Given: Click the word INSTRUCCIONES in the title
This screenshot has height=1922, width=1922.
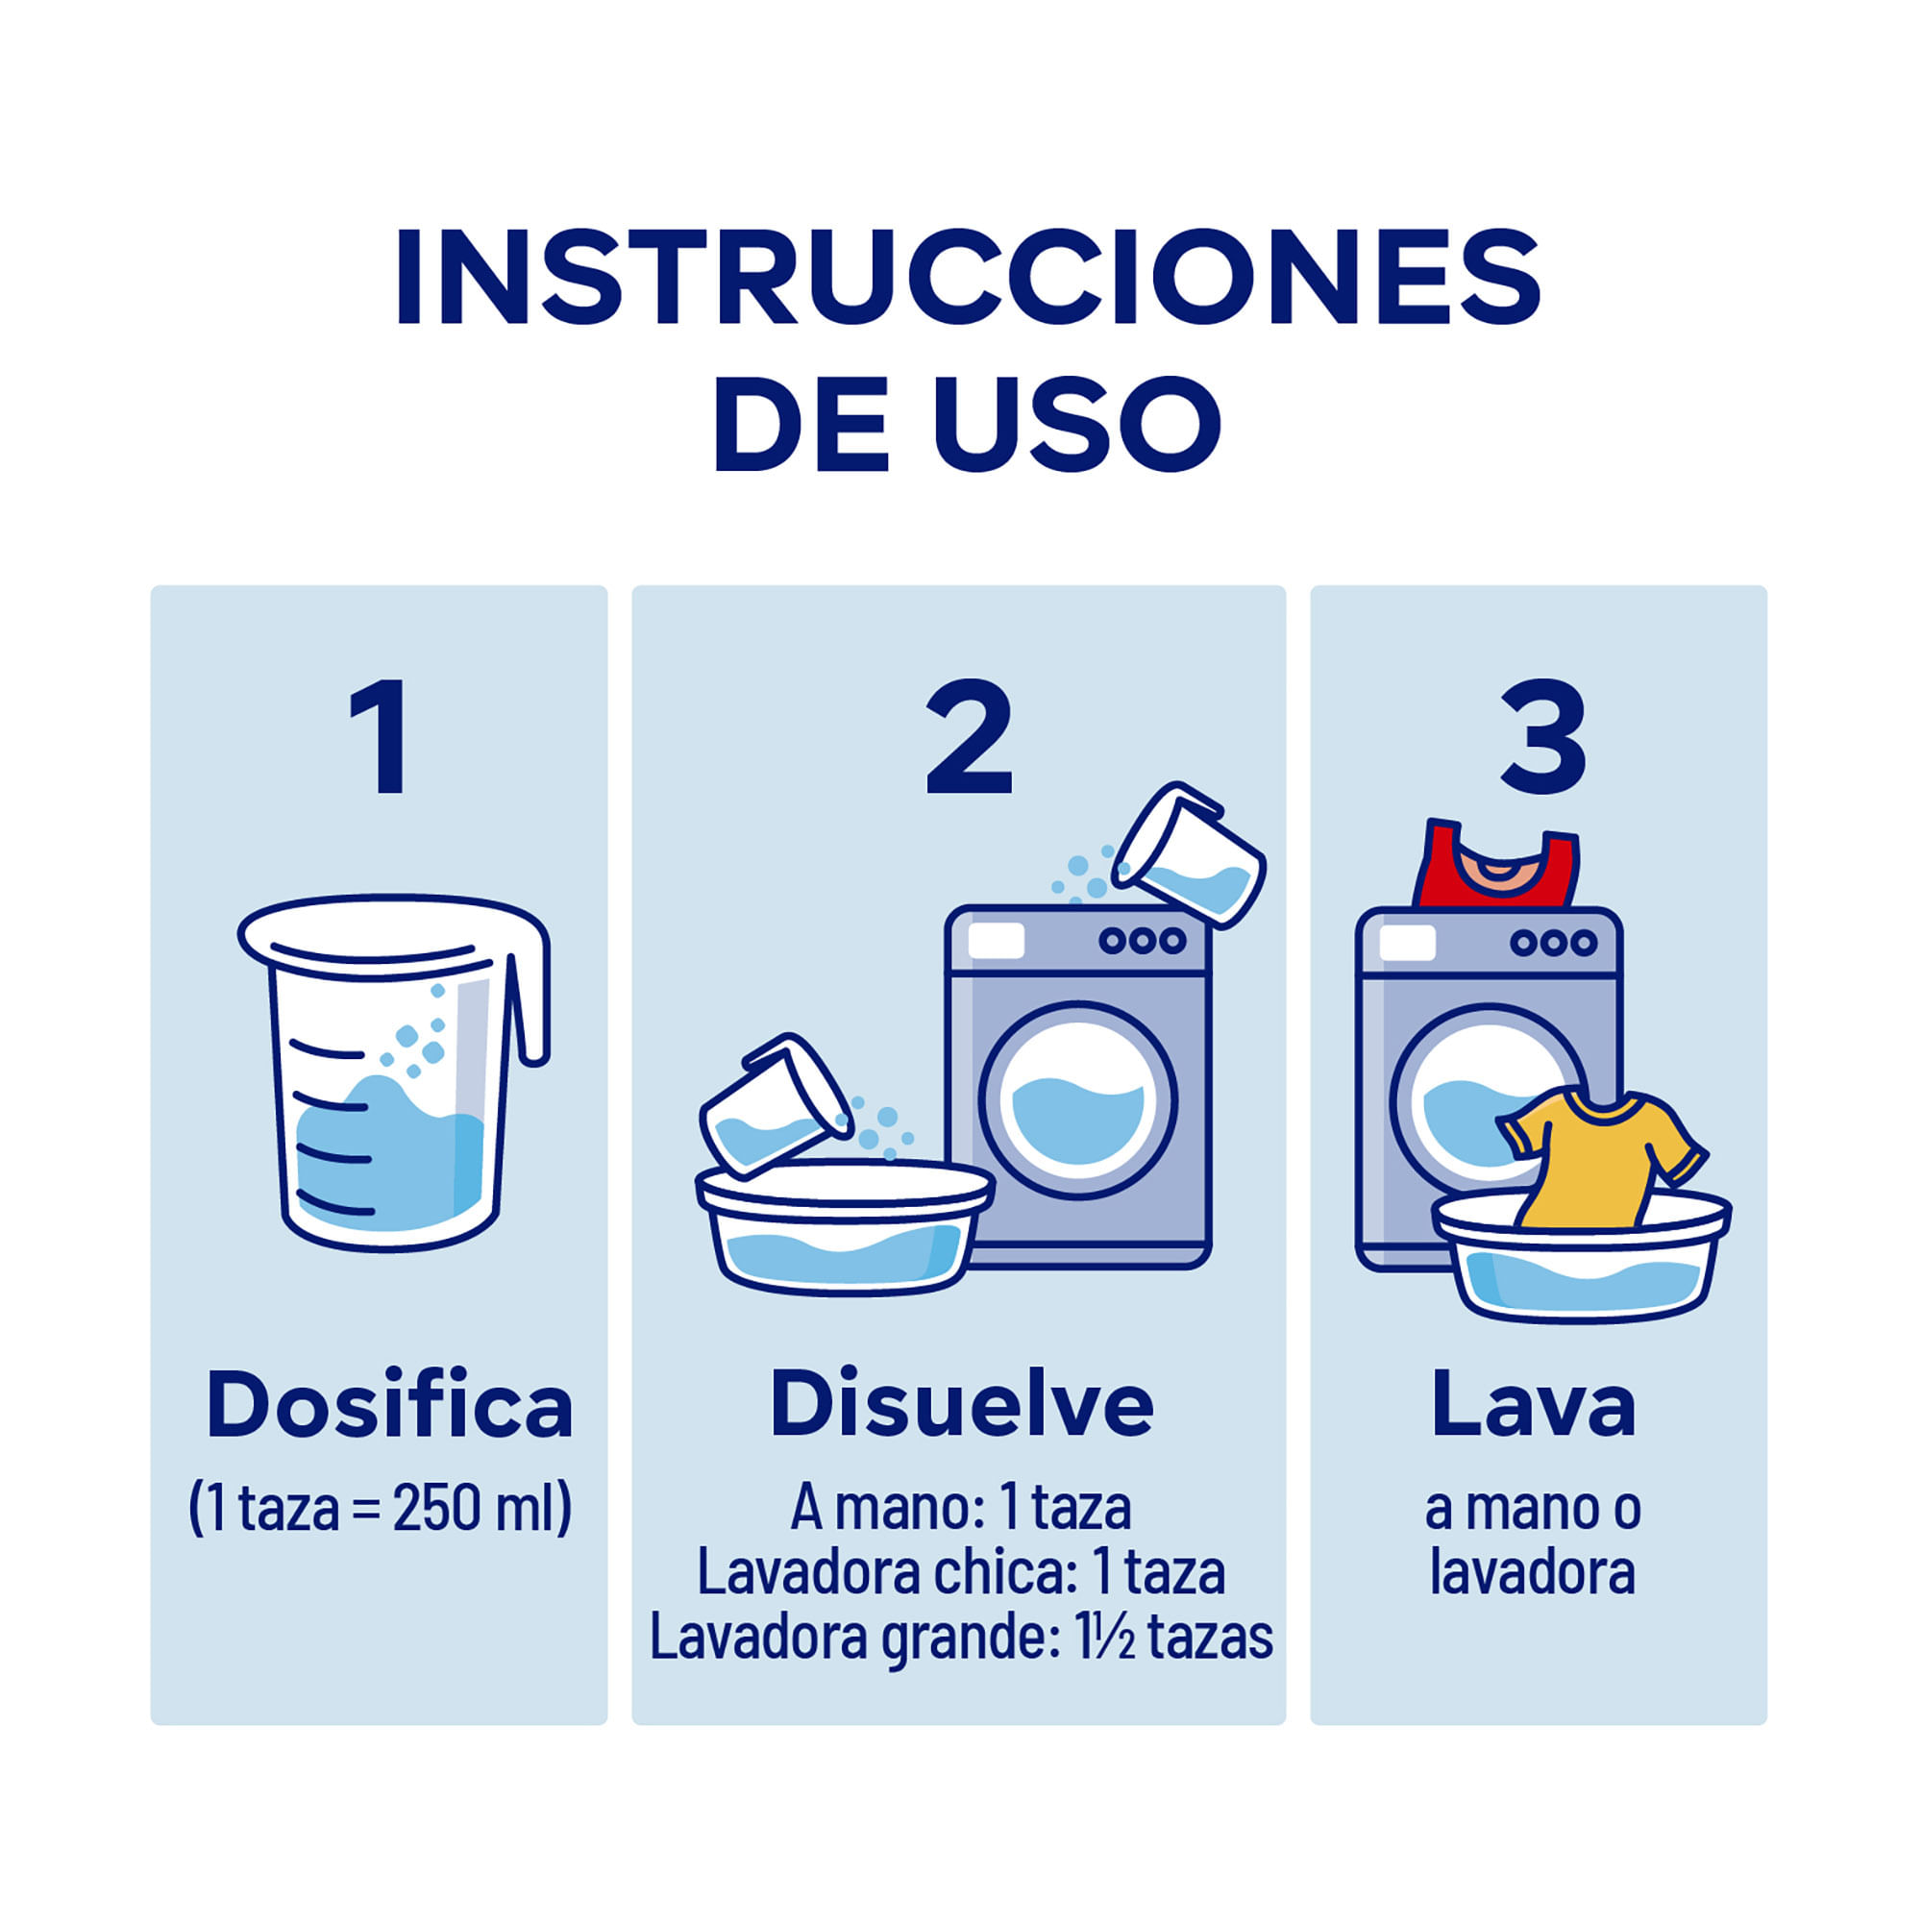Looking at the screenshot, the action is (x=967, y=278).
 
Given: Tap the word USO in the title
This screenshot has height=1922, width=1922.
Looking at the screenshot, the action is (x=1077, y=423).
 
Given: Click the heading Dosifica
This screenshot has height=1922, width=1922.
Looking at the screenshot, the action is (x=389, y=1405).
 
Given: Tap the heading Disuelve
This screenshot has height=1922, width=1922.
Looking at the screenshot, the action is (x=961, y=1405).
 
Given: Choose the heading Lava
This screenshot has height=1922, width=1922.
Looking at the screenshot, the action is (x=1533, y=1405).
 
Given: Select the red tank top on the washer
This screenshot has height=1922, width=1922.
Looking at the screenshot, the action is (x=1495, y=864).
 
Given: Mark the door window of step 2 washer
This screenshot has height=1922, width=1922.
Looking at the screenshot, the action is (x=1078, y=1100).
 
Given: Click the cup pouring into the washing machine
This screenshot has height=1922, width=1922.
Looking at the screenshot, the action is (x=1189, y=854).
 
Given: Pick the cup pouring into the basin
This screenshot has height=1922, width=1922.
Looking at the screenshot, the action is (x=775, y=1106).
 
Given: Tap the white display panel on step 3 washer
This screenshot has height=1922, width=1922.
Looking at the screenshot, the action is (x=1408, y=942).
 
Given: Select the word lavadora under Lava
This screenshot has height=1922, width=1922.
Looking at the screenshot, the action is (x=1532, y=1573).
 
